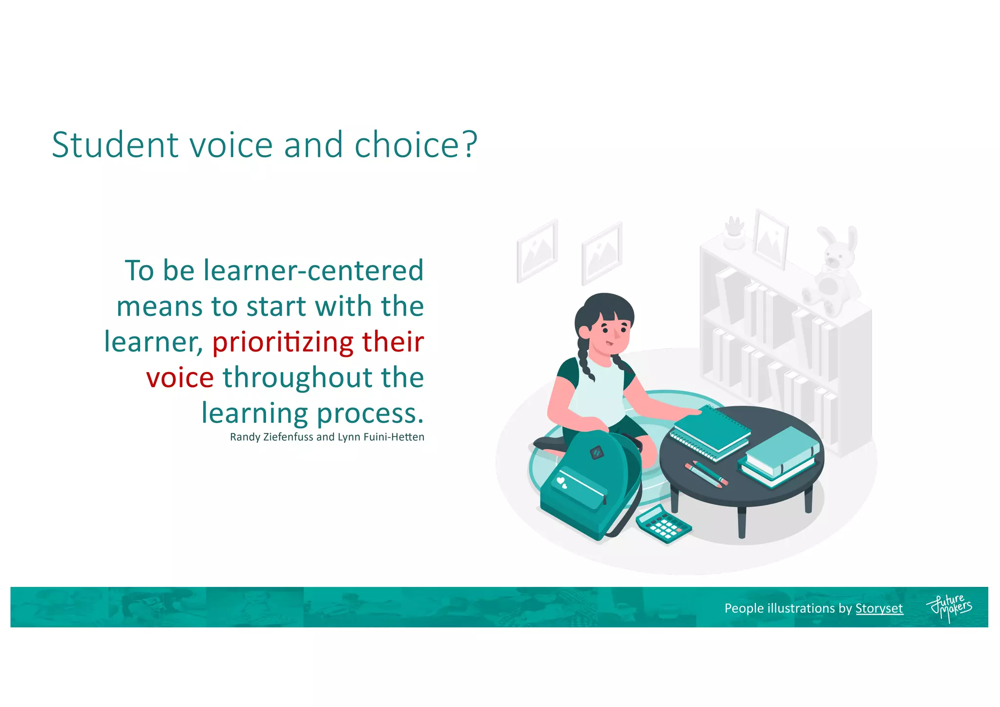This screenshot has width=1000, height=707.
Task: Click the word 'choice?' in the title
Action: (416, 145)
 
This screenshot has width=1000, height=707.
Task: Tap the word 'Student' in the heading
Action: (115, 145)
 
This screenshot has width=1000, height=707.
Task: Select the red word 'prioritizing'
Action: (282, 342)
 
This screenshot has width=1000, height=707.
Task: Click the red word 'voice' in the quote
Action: (180, 377)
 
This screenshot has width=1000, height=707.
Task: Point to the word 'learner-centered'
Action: (313, 270)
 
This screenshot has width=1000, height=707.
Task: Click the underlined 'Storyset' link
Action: (879, 608)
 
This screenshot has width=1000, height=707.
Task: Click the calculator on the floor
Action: (663, 524)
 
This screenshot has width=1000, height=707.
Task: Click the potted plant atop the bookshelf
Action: (733, 233)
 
